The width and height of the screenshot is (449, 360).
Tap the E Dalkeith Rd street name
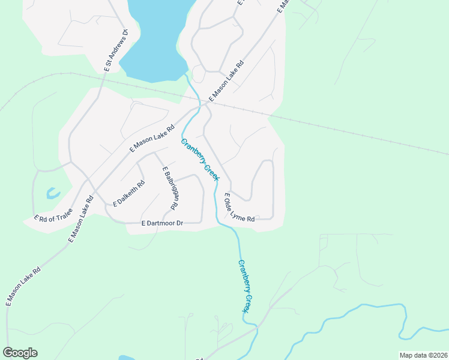[128, 193]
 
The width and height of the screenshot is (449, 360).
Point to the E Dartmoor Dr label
[161, 223]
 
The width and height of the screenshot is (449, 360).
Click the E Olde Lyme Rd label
[239, 208]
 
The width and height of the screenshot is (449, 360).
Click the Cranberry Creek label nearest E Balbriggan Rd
[200, 159]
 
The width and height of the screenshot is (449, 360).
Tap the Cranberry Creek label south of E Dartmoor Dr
[244, 286]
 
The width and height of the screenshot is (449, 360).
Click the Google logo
[20, 353]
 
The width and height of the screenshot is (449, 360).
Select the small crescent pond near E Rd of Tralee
[52, 194]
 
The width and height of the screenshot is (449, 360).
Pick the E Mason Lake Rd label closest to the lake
[226, 80]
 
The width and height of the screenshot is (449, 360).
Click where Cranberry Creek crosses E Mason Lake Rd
[197, 109]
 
